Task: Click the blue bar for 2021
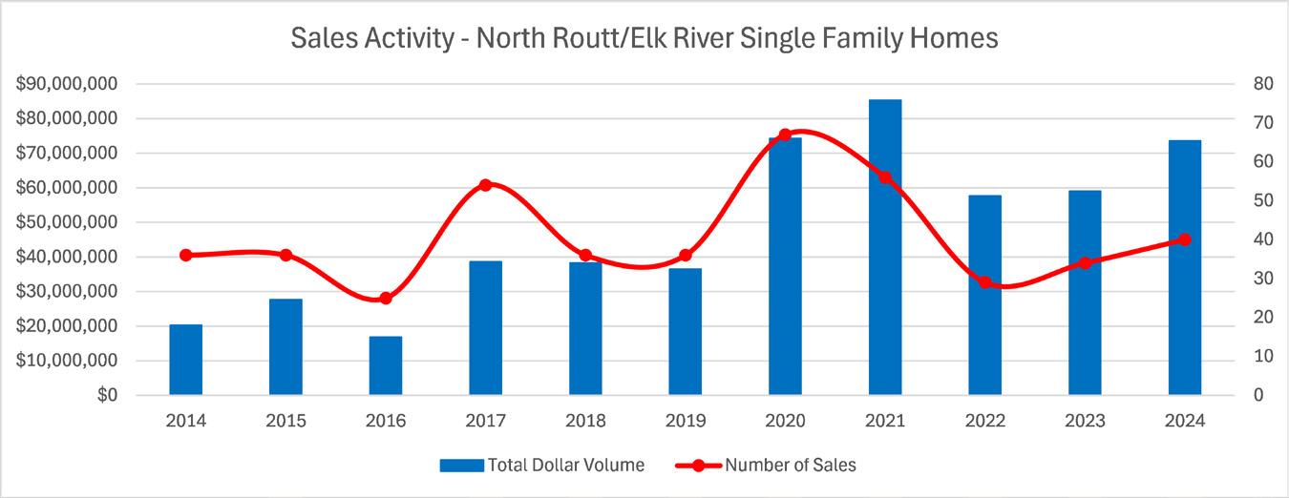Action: (x=885, y=247)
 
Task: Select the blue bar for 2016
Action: (x=386, y=365)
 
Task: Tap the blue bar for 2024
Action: (x=1185, y=267)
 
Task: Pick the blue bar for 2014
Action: (x=186, y=360)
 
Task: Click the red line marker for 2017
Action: (x=486, y=185)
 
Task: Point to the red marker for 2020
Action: (x=785, y=135)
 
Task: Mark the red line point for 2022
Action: (x=985, y=282)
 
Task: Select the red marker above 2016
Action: (x=386, y=299)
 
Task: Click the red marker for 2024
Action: (x=1185, y=239)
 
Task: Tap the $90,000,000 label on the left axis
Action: (x=67, y=84)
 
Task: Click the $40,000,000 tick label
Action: (x=67, y=257)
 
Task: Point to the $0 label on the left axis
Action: (x=108, y=395)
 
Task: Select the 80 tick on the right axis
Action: (x=1263, y=84)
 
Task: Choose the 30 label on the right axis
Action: (x=1263, y=279)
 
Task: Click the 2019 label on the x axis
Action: (x=686, y=421)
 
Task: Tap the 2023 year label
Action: (x=1085, y=421)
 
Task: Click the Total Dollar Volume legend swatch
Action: (x=461, y=466)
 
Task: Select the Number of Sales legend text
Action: (x=791, y=465)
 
